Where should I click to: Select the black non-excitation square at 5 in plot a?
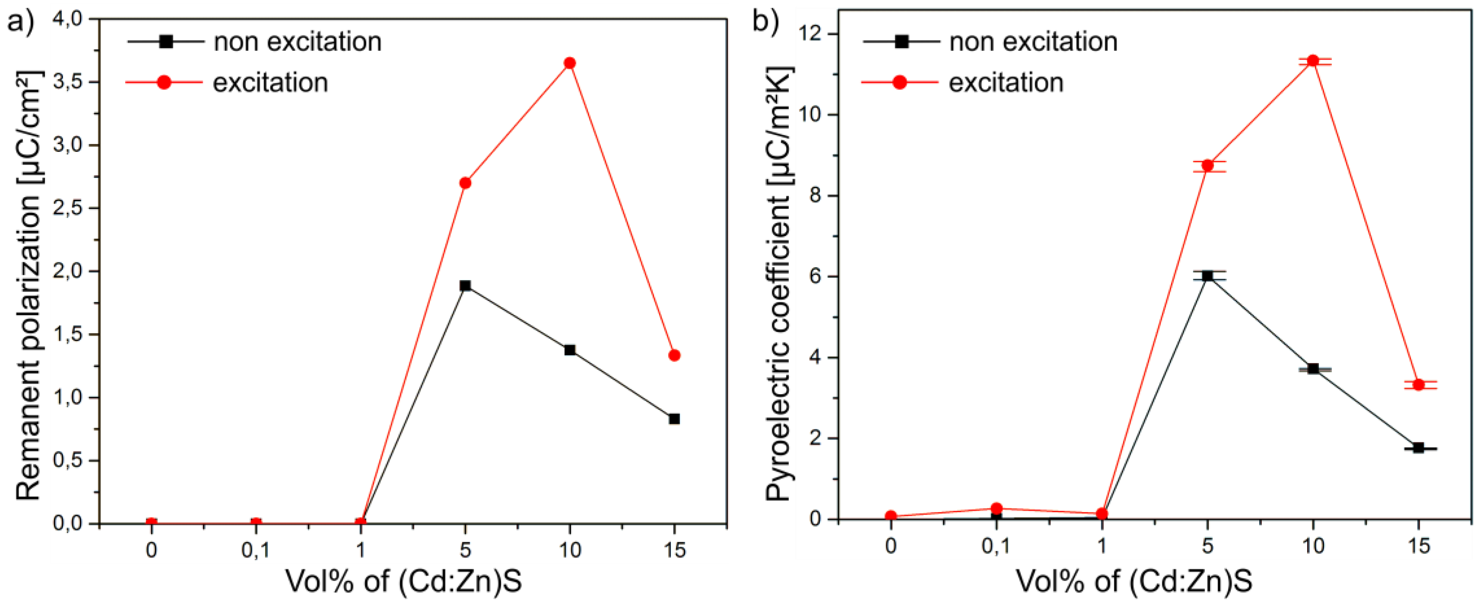(x=465, y=285)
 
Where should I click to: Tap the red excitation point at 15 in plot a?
(x=674, y=355)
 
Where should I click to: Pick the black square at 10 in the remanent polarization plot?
(x=569, y=350)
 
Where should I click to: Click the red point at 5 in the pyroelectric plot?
(x=1207, y=166)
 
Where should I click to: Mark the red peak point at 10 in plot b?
(x=1312, y=60)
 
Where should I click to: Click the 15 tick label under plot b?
(x=1419, y=546)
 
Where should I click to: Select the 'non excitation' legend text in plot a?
(x=297, y=42)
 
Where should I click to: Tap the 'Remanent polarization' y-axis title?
(x=28, y=286)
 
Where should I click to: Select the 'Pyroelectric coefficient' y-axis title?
(x=778, y=286)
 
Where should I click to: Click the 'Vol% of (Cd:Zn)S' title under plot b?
(x=1134, y=581)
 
